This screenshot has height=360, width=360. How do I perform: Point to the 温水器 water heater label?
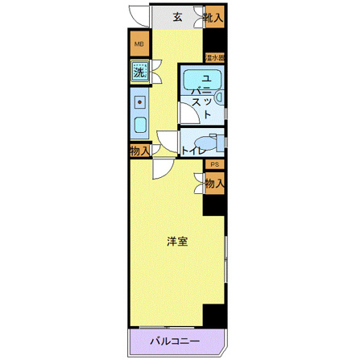point(214,58)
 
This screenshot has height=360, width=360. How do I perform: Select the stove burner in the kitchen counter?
point(139,103)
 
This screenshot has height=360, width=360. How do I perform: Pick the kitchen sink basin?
point(139,126)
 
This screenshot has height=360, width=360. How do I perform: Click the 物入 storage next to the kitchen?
point(139,151)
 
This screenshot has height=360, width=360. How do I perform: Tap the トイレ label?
point(192,151)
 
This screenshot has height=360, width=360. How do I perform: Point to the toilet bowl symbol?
point(207,142)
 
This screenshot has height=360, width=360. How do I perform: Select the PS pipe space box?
point(214,164)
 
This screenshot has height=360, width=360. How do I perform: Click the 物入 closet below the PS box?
point(213,184)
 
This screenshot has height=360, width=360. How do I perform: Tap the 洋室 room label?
point(178,241)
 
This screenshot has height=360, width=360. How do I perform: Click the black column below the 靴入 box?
point(214,40)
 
